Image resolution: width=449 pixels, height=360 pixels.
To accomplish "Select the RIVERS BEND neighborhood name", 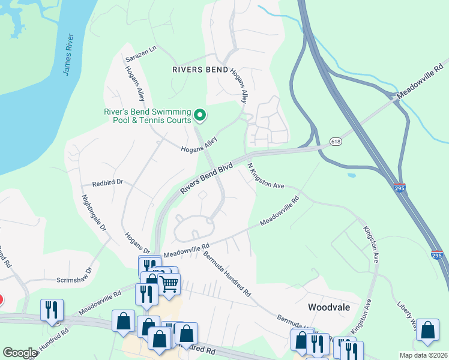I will [x=200, y=70].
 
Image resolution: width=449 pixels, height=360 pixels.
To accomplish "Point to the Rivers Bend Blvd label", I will [x=206, y=179].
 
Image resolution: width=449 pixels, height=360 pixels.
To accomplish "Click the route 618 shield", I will [x=336, y=142].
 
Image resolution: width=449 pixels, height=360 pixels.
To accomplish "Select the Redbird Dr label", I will [x=107, y=182].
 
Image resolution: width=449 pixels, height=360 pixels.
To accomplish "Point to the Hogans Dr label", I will [x=137, y=242].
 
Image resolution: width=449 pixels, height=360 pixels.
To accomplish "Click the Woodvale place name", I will [x=328, y=307].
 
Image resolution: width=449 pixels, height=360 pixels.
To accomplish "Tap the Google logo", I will [x=20, y=353].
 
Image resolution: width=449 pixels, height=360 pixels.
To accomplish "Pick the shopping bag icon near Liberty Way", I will [x=427, y=330].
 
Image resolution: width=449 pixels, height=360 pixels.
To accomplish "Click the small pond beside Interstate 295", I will [x=351, y=176].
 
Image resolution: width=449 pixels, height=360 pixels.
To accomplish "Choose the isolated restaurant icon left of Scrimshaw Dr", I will [x=51, y=310].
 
